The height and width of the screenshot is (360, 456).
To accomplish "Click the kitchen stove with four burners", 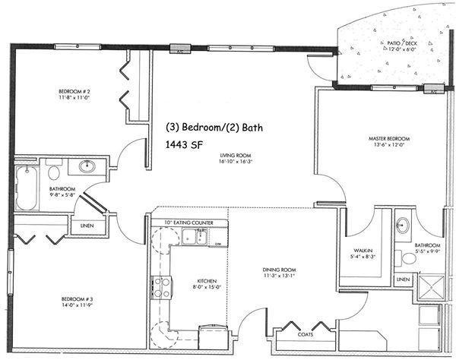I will [162, 286].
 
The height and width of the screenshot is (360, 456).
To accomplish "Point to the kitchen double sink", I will [196, 238].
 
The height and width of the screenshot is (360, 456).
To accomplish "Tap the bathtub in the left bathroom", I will [26, 188].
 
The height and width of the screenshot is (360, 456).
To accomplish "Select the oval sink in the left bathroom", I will [87, 166].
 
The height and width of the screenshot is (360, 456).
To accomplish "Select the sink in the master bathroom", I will [403, 226].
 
